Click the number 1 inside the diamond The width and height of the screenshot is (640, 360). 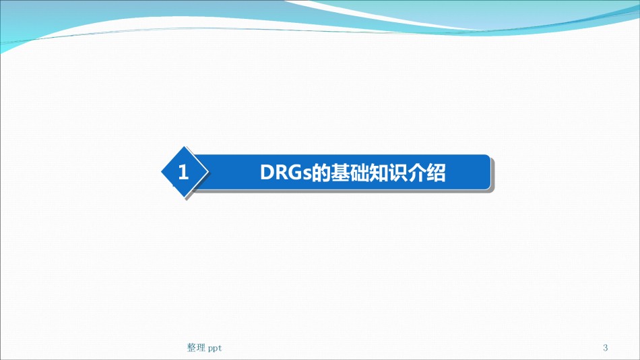183,172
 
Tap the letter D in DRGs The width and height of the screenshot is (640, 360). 267,173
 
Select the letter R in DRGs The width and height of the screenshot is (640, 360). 280,173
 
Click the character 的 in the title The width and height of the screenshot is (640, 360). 321,173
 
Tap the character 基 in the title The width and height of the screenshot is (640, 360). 340,173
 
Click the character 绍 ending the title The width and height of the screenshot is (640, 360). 435,173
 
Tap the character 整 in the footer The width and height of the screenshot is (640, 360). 191,348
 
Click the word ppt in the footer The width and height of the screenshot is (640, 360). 215,349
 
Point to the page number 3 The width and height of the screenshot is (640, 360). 606,348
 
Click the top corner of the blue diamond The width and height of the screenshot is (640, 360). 185,146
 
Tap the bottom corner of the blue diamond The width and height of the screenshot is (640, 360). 185,198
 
